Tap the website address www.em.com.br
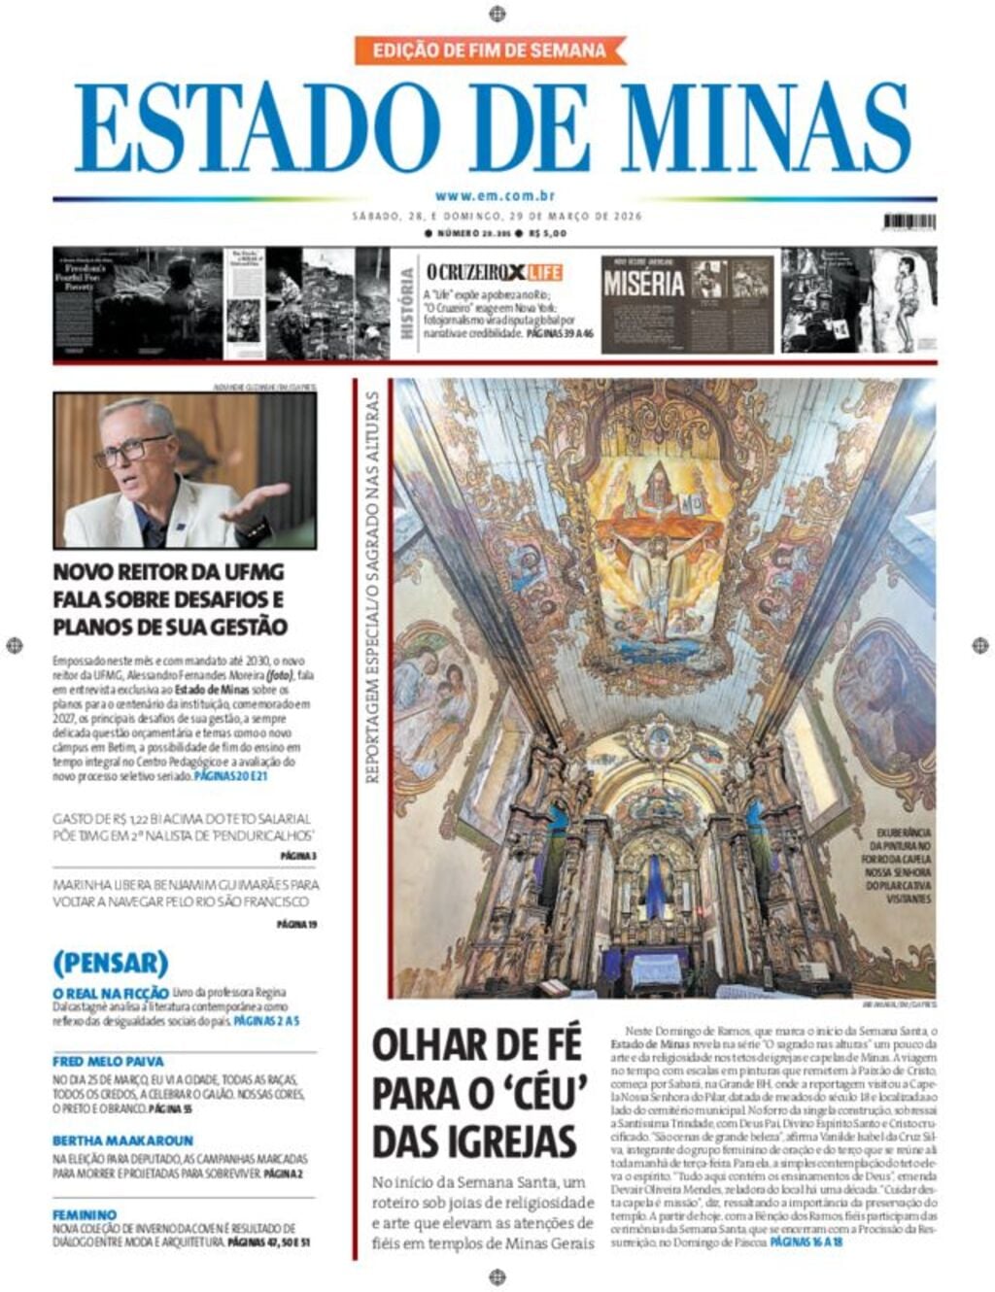495,196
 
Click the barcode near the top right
909,221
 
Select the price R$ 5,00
549,234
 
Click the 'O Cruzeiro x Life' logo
494,273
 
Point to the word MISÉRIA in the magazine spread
643,284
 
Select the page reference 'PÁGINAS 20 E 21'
230,777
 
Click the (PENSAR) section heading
111,963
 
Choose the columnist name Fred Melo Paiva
108,1062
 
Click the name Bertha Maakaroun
122,1140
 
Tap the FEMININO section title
85,1214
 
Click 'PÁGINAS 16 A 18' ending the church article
806,1241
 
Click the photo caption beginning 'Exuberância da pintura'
903,866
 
